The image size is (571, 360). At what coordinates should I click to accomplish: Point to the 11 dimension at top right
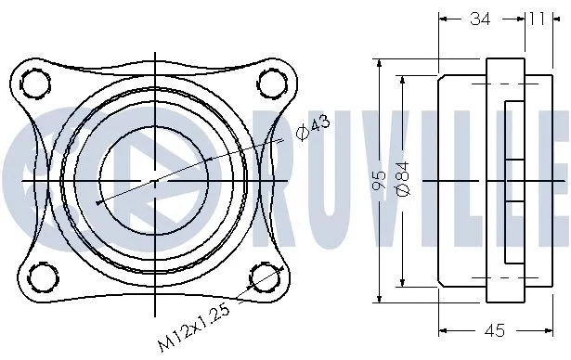(x=537, y=18)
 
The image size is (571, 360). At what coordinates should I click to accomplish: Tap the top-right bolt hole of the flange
(x=271, y=83)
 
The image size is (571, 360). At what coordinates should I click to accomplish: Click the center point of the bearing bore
(x=154, y=179)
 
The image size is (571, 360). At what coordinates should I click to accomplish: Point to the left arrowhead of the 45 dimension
(x=441, y=330)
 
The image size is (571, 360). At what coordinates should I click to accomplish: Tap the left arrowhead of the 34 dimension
(x=441, y=18)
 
